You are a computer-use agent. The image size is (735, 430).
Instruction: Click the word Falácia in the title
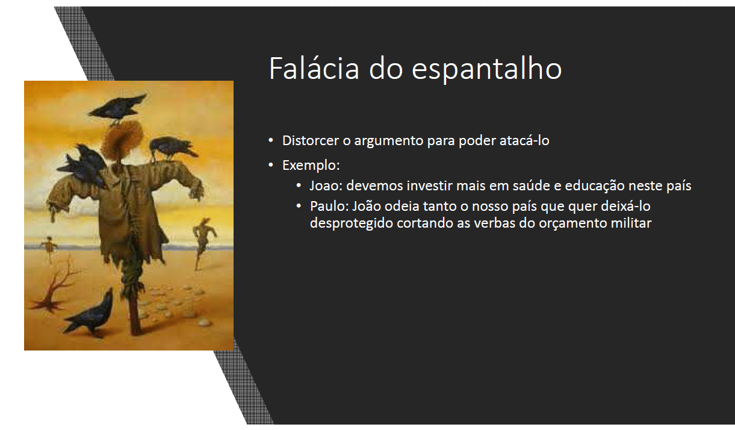coord(314,68)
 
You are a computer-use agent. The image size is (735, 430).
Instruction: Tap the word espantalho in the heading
coord(486,70)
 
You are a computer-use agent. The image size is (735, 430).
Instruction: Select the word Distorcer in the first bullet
coord(311,140)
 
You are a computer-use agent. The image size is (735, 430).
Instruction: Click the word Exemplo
coord(311,166)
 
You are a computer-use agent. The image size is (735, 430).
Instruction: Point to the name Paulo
coord(329,207)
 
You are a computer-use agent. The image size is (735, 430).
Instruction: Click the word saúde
coord(530,185)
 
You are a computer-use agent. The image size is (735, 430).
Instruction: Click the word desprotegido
coord(351,224)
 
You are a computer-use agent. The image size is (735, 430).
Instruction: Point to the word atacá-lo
coord(524,140)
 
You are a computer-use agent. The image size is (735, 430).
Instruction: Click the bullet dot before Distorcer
coord(271,140)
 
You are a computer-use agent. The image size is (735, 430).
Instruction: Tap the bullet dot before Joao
coord(299,185)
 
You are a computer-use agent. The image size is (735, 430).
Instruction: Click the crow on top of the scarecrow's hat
coord(117,108)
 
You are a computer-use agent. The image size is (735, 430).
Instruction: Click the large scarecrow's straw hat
coord(122,140)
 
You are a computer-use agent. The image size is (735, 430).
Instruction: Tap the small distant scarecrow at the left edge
coord(49,248)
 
